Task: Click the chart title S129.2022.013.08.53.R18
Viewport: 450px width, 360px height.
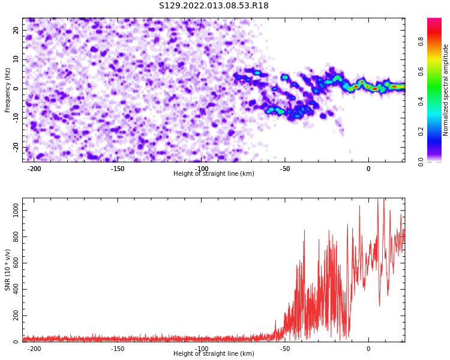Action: [x=214, y=5]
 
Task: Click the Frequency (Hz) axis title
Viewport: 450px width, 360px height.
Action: [x=7, y=90]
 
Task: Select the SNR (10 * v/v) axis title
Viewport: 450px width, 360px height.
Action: [x=7, y=270]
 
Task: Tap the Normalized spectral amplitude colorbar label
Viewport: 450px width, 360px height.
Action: [x=445, y=90]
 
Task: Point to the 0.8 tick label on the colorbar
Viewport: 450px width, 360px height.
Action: [x=421, y=41]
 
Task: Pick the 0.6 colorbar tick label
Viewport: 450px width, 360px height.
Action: [x=421, y=71]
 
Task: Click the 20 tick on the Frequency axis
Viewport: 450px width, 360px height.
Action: [x=16, y=30]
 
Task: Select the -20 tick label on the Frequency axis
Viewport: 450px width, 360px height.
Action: [x=16, y=147]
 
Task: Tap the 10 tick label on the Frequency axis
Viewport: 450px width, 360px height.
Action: [x=16, y=59]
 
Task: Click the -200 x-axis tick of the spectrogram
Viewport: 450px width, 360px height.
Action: [x=34, y=169]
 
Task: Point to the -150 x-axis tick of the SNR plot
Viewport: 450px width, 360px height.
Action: [x=118, y=349]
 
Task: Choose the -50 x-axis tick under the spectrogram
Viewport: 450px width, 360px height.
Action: [x=285, y=169]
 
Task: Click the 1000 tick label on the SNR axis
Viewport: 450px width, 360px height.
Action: [x=16, y=211]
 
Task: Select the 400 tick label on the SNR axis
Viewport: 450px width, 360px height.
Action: [x=16, y=289]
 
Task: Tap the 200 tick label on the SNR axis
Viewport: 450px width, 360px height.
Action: [x=16, y=316]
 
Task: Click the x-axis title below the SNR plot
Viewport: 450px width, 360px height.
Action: [x=214, y=353]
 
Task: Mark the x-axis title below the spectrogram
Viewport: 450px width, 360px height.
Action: [x=214, y=173]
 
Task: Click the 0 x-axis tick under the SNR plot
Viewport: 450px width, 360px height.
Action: [x=368, y=349]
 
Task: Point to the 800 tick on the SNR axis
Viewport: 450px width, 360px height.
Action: [x=16, y=237]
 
